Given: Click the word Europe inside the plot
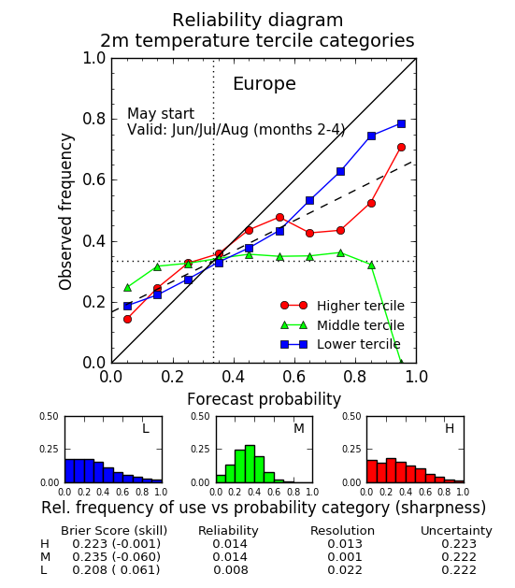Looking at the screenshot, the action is (265, 84).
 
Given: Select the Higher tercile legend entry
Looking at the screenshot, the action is (342, 306).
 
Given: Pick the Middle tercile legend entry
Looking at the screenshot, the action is (342, 325).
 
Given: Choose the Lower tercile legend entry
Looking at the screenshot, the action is (340, 344).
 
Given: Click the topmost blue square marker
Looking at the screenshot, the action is (401, 123).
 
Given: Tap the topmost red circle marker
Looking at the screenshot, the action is (401, 148).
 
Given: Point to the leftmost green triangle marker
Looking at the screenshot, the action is (127, 288).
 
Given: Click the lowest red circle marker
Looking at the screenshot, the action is (127, 319).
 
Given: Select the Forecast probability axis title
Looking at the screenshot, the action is (264, 399).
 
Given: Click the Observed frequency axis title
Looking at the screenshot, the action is (65, 211).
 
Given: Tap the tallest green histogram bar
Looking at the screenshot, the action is (250, 464).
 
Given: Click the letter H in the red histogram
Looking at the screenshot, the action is (450, 428).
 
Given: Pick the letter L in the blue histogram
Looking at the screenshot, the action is (146, 428).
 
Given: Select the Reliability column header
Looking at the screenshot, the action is (228, 531).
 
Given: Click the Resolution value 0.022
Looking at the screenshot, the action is (345, 570).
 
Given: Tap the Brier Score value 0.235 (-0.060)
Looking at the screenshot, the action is (116, 557).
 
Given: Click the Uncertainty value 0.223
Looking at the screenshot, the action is (459, 544).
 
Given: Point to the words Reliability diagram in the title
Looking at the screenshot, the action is (258, 20).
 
